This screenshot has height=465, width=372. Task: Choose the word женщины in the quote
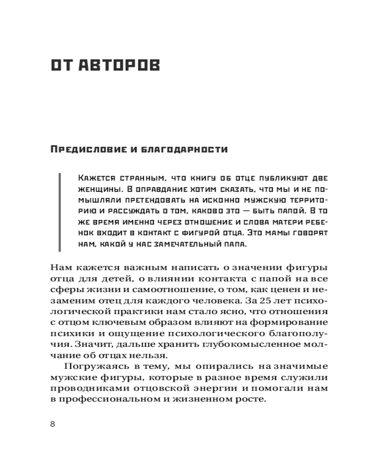click(98, 190)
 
